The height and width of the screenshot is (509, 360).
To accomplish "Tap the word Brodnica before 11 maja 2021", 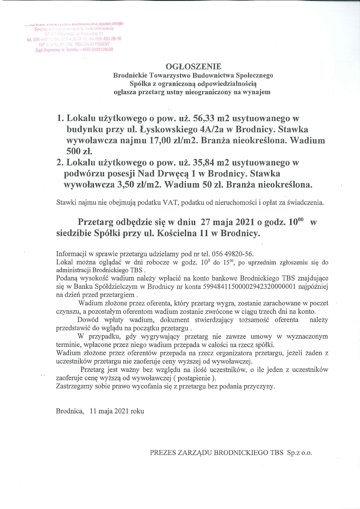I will [x=70, y=411].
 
